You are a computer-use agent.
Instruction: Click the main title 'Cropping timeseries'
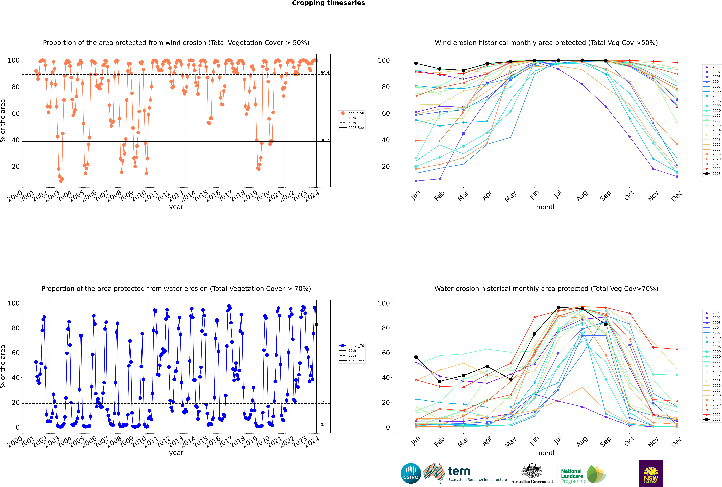click(x=328, y=3)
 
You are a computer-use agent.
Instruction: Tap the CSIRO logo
click(x=411, y=473)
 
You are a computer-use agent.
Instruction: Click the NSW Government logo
click(x=651, y=473)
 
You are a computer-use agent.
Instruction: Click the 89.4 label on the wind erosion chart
click(x=325, y=73)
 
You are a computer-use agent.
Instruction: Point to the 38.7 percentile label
click(x=325, y=140)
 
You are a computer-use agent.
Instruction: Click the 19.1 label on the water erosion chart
click(x=325, y=402)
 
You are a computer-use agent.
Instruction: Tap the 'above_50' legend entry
click(x=352, y=113)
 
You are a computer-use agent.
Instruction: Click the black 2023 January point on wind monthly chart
click(x=416, y=63)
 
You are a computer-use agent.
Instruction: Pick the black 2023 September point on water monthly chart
click(x=606, y=324)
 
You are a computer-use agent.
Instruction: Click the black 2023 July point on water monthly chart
click(x=558, y=307)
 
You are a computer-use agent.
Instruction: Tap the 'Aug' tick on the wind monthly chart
click(x=581, y=196)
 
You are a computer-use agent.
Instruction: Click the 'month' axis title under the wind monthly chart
click(x=546, y=207)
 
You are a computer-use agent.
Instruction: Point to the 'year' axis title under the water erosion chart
click(x=176, y=453)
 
